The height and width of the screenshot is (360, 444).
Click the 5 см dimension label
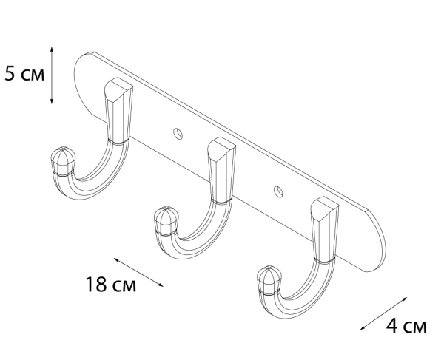(24, 75)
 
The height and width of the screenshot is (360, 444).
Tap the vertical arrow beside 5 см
(52, 74)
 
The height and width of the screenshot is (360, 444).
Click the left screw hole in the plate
(177, 133)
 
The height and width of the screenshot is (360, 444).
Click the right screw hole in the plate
(278, 191)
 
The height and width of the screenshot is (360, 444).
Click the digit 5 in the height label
(10, 75)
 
